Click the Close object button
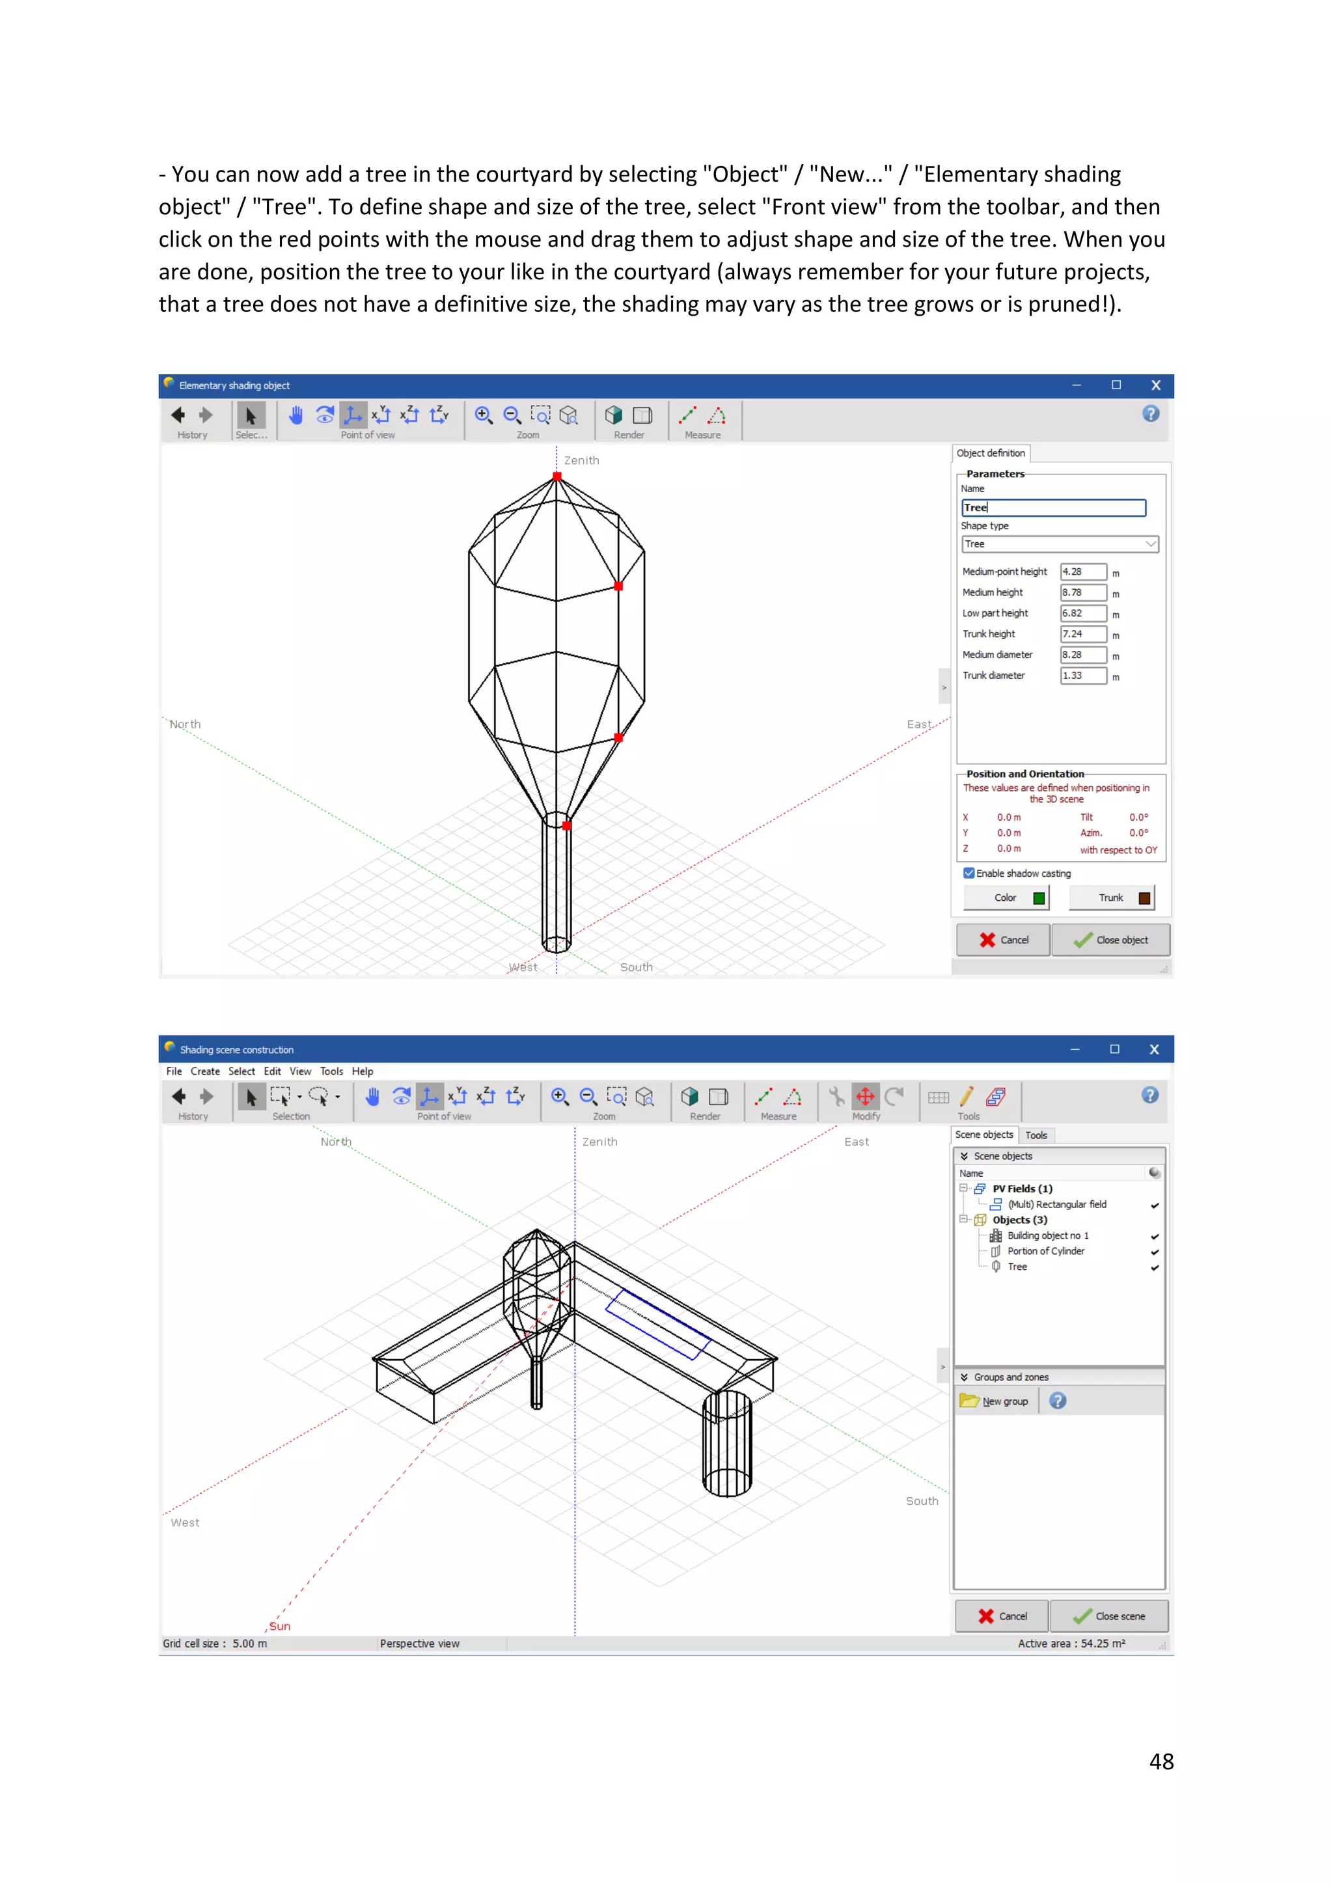pos(1110,940)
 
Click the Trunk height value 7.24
pos(1082,634)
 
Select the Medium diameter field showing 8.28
pos(1082,654)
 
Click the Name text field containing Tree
pos(1053,507)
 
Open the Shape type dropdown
pos(1059,544)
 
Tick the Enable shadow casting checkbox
pos(969,874)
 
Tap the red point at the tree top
pos(557,477)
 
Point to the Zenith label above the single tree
pos(582,461)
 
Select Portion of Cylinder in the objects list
pos(1046,1251)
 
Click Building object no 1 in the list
pos(1047,1235)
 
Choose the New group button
pos(996,1401)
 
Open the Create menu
pos(205,1071)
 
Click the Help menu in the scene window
pos(362,1071)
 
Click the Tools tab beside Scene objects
pos(1036,1135)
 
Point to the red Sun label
pos(280,1627)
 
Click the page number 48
pos(1161,1762)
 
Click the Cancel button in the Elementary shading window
pos(1003,940)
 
